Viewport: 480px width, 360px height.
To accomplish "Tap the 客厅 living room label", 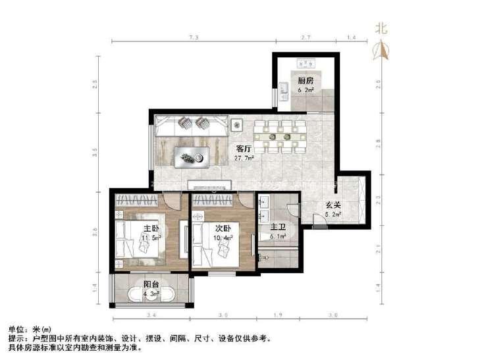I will [x=244, y=149].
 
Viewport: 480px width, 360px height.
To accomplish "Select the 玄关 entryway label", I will [x=332, y=205].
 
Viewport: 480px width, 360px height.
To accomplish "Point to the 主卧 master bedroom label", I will [x=151, y=228].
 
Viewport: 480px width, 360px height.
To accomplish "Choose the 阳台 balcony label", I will [x=151, y=284].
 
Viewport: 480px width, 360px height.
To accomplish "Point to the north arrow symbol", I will [x=380, y=50].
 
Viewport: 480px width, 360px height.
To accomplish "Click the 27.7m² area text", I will [x=245, y=158].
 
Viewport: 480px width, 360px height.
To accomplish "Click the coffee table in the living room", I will [x=191, y=157].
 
